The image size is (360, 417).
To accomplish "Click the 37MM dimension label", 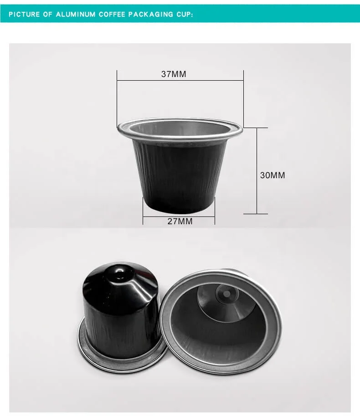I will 174,74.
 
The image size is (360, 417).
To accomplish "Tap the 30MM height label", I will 272,175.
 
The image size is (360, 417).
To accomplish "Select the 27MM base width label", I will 179,221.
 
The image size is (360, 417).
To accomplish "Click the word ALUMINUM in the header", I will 76,15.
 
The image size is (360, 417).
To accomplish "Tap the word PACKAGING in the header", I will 153,15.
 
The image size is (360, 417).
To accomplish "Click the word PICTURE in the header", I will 26,15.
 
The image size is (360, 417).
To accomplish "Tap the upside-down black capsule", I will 121,314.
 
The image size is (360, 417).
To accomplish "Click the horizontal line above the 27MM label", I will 179,217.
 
